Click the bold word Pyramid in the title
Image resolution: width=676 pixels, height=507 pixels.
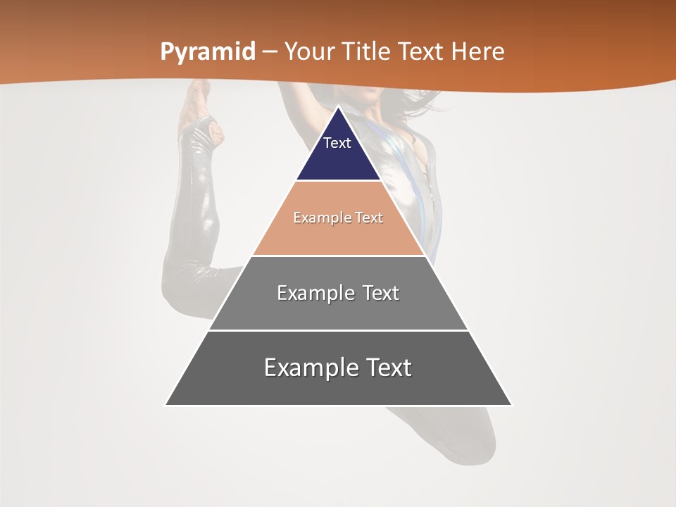pyautogui.click(x=207, y=52)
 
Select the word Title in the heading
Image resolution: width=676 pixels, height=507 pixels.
pyautogui.click(x=368, y=52)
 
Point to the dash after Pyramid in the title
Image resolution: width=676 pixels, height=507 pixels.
pyautogui.click(x=270, y=52)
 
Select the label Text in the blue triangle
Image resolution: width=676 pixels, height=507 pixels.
pyautogui.click(x=337, y=143)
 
